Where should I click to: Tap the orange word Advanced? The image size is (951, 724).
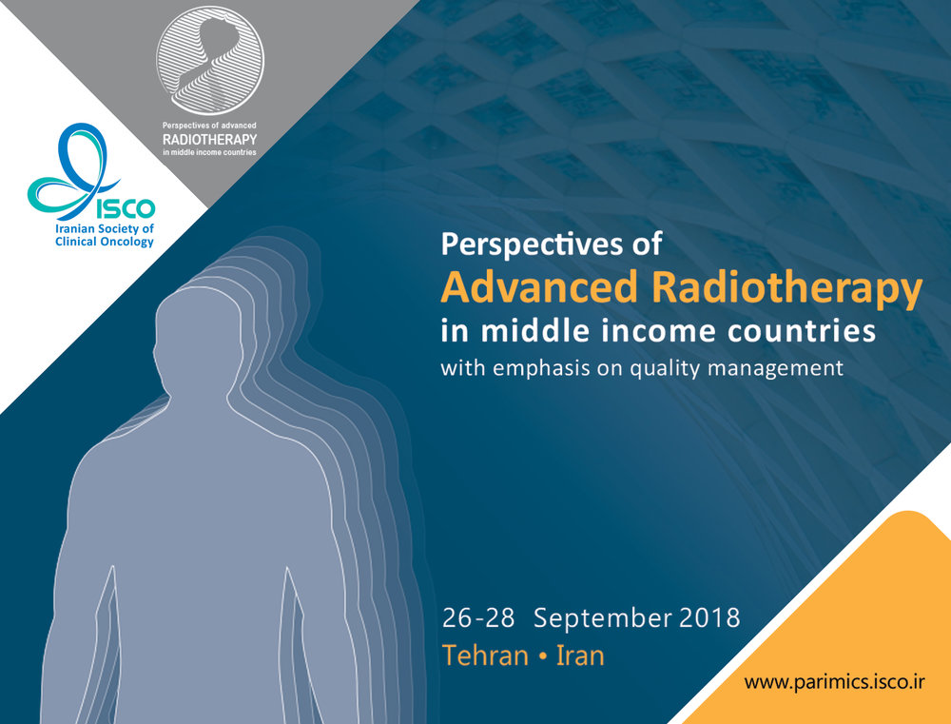point(539,286)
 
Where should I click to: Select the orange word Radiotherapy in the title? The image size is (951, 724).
point(786,289)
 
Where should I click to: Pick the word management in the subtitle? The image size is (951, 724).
point(776,369)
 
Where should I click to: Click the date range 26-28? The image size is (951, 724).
point(478,617)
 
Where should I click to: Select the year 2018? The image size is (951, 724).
point(709,617)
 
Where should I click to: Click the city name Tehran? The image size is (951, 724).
point(485,656)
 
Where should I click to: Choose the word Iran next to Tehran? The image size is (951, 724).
point(580,656)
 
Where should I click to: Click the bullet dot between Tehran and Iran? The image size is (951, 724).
point(543,656)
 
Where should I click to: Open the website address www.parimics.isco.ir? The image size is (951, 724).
point(835,682)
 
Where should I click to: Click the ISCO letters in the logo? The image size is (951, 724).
point(126,208)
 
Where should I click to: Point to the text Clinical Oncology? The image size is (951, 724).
point(105,242)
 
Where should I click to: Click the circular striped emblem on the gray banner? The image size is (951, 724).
point(210,61)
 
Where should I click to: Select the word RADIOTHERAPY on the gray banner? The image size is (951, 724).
point(210,140)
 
